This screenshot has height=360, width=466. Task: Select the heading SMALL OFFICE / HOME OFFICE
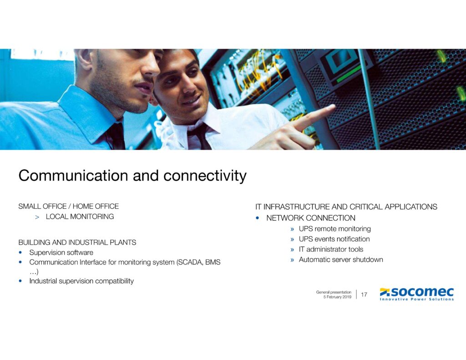(x=68, y=207)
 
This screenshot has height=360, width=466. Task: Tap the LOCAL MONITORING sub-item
(x=80, y=217)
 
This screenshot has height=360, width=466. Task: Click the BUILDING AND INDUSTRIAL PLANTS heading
(x=77, y=243)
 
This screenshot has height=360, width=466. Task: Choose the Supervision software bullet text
(x=61, y=253)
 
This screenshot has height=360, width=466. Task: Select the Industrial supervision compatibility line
(x=81, y=281)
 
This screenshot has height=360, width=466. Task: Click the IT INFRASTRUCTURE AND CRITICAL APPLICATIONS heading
(x=346, y=207)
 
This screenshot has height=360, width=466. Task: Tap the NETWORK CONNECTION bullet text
(x=310, y=218)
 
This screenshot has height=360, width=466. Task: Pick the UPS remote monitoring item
(x=334, y=229)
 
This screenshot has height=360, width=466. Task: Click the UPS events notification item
(x=334, y=239)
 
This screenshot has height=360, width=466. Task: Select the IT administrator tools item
(x=331, y=249)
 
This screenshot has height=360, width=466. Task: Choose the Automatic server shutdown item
(x=340, y=260)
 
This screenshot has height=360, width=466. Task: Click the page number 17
(x=364, y=295)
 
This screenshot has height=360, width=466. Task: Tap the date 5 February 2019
(x=337, y=297)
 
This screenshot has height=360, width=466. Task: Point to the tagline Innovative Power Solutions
(x=417, y=299)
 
